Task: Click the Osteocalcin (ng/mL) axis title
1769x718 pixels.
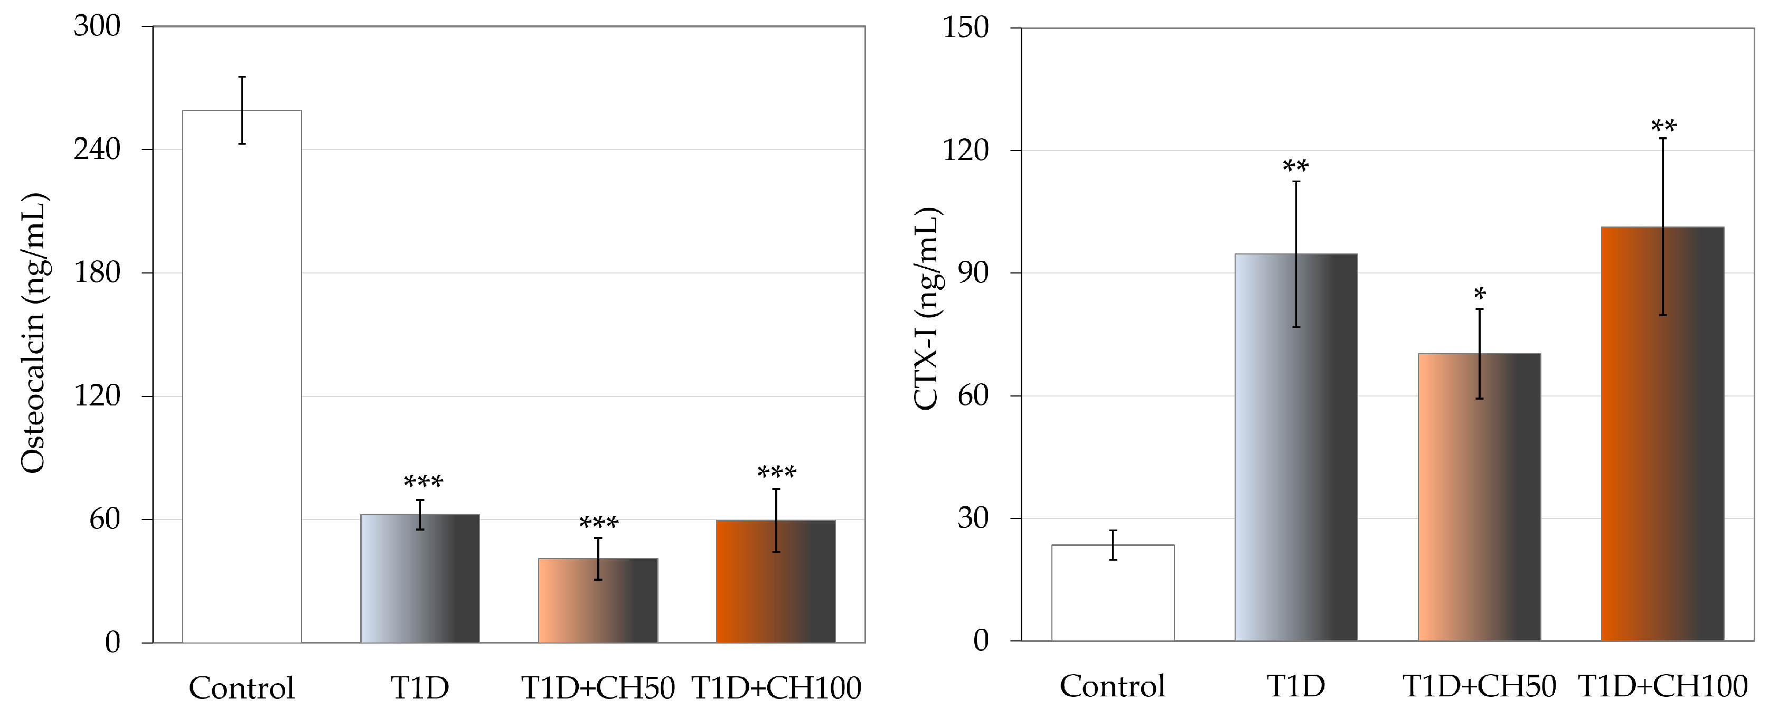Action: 33,334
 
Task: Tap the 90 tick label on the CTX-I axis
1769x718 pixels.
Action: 973,272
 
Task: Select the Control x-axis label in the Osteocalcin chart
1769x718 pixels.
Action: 242,688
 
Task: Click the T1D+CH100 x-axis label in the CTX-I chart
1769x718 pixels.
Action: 1662,686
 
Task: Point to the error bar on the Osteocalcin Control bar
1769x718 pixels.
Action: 242,110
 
